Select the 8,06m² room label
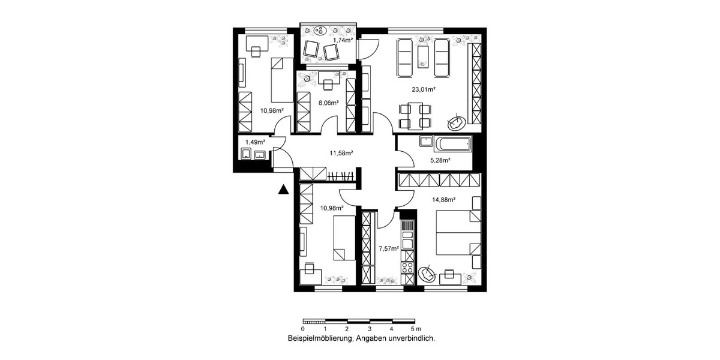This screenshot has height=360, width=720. point(328,103)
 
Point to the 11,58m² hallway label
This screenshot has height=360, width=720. point(342,153)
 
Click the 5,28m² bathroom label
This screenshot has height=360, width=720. point(441,160)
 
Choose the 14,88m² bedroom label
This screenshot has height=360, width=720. point(444,199)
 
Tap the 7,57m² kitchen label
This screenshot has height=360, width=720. point(388,247)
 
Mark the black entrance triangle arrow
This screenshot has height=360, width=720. point(284,190)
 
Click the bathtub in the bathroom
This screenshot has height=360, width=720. point(454,144)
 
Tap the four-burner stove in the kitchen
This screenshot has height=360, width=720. point(407,269)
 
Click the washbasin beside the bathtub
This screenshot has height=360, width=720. point(425,143)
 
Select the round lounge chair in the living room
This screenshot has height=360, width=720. point(456,122)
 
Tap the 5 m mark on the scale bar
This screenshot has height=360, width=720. point(413,329)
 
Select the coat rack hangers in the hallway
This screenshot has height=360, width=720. point(342,176)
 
